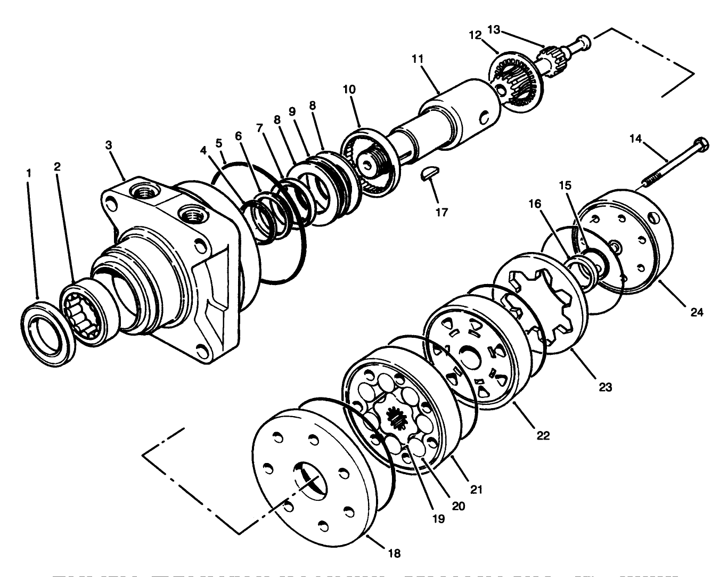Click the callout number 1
click(29, 173)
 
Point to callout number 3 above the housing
click(108, 145)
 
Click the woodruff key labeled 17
click(429, 175)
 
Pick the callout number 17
click(441, 212)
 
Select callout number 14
click(635, 140)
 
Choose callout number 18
click(394, 552)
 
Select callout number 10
click(349, 88)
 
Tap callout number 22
click(543, 435)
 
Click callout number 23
click(605, 387)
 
